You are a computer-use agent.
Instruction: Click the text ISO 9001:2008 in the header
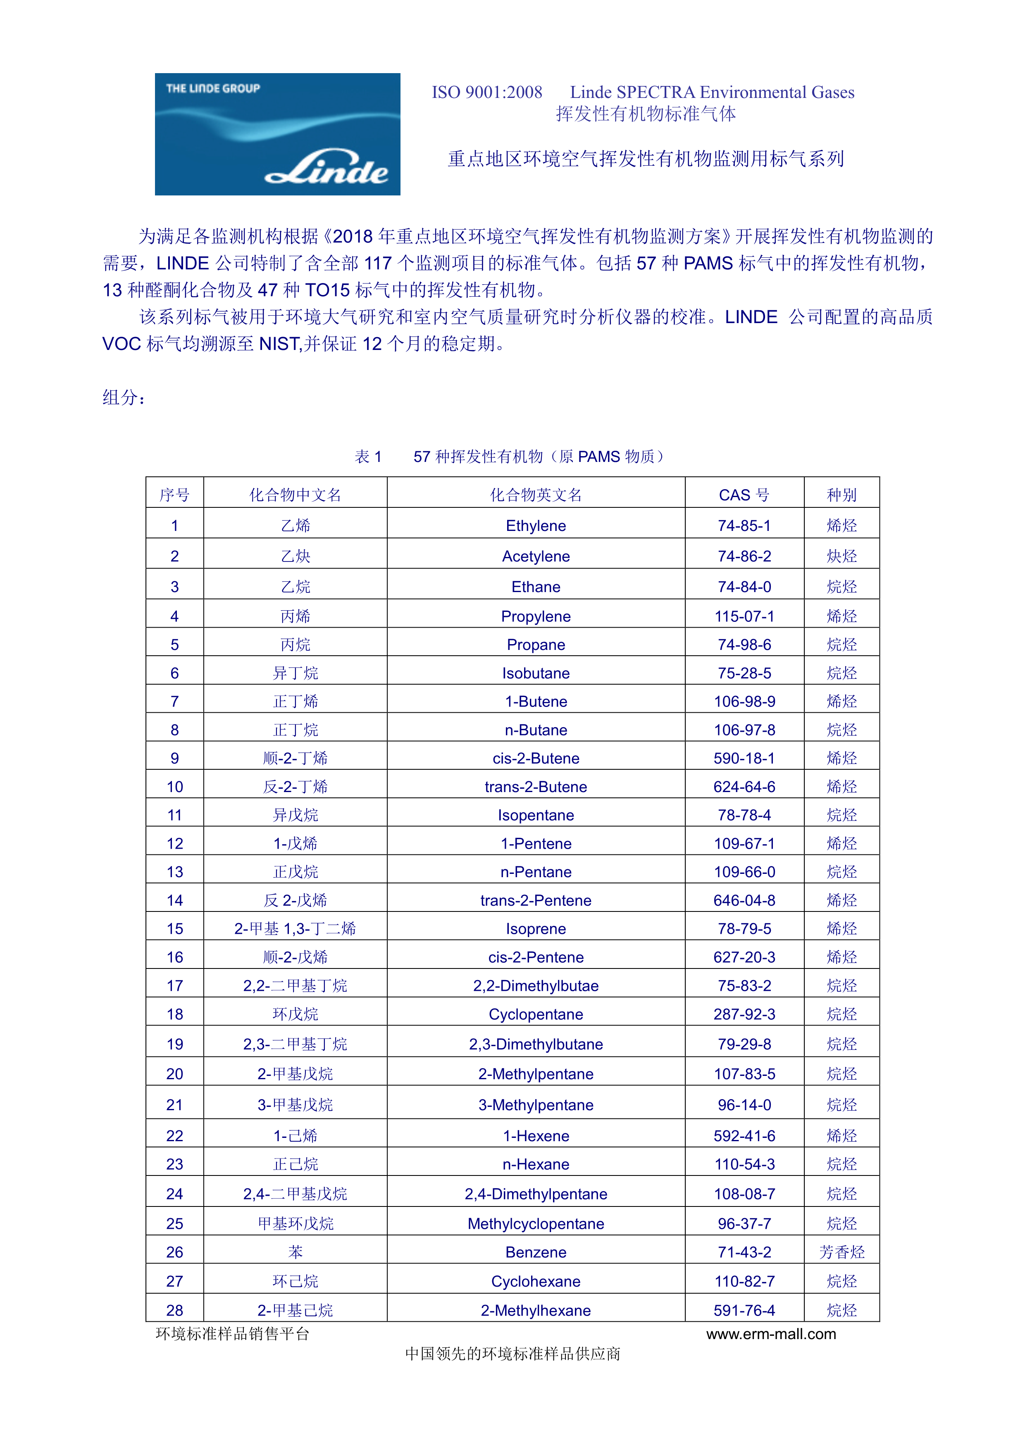[486, 92]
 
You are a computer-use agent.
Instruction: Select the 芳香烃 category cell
[841, 1252]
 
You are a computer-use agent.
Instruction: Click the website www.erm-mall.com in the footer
[771, 1333]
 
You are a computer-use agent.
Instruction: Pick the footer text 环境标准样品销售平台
[232, 1333]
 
